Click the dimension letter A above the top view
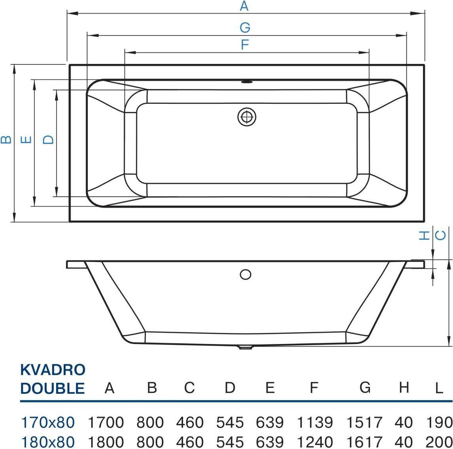(x=244, y=6)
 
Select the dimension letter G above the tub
(x=245, y=27)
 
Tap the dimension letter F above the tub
(x=245, y=45)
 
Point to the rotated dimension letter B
(x=6, y=140)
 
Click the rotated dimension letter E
(x=26, y=140)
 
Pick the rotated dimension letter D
(x=48, y=140)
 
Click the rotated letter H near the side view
(x=424, y=236)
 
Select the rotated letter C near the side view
(x=440, y=236)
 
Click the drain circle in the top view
(x=247, y=117)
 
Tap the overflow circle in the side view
(x=245, y=274)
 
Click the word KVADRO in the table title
(x=53, y=370)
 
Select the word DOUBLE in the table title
(x=52, y=388)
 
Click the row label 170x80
(x=48, y=423)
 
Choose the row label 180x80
(x=48, y=442)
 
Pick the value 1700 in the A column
(x=106, y=423)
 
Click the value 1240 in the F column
(x=315, y=442)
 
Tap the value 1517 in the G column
(x=364, y=423)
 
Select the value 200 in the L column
(x=439, y=442)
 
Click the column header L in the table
(x=439, y=388)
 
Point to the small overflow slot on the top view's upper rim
(x=246, y=82)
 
